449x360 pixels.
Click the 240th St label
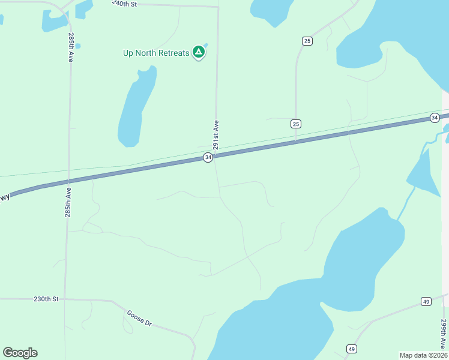pos(125,4)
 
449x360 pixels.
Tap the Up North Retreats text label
pos(156,53)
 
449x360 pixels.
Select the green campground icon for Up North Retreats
pos(199,52)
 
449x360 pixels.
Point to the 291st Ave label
pos(215,134)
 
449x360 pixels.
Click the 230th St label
pos(46,298)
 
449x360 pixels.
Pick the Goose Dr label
pos(139,317)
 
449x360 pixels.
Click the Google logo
pos(20,353)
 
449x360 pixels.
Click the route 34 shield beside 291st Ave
pos(208,157)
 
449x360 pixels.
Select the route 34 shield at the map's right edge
pos(435,118)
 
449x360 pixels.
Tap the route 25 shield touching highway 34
pos(295,124)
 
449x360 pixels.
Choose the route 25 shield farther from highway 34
pos(307,41)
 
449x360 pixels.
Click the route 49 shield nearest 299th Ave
pos(426,301)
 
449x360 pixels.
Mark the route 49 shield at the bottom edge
pos(352,349)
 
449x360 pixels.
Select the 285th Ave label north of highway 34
pos(71,47)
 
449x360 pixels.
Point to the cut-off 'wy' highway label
pos(5,197)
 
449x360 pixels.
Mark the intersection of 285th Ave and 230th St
pos(64,298)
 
